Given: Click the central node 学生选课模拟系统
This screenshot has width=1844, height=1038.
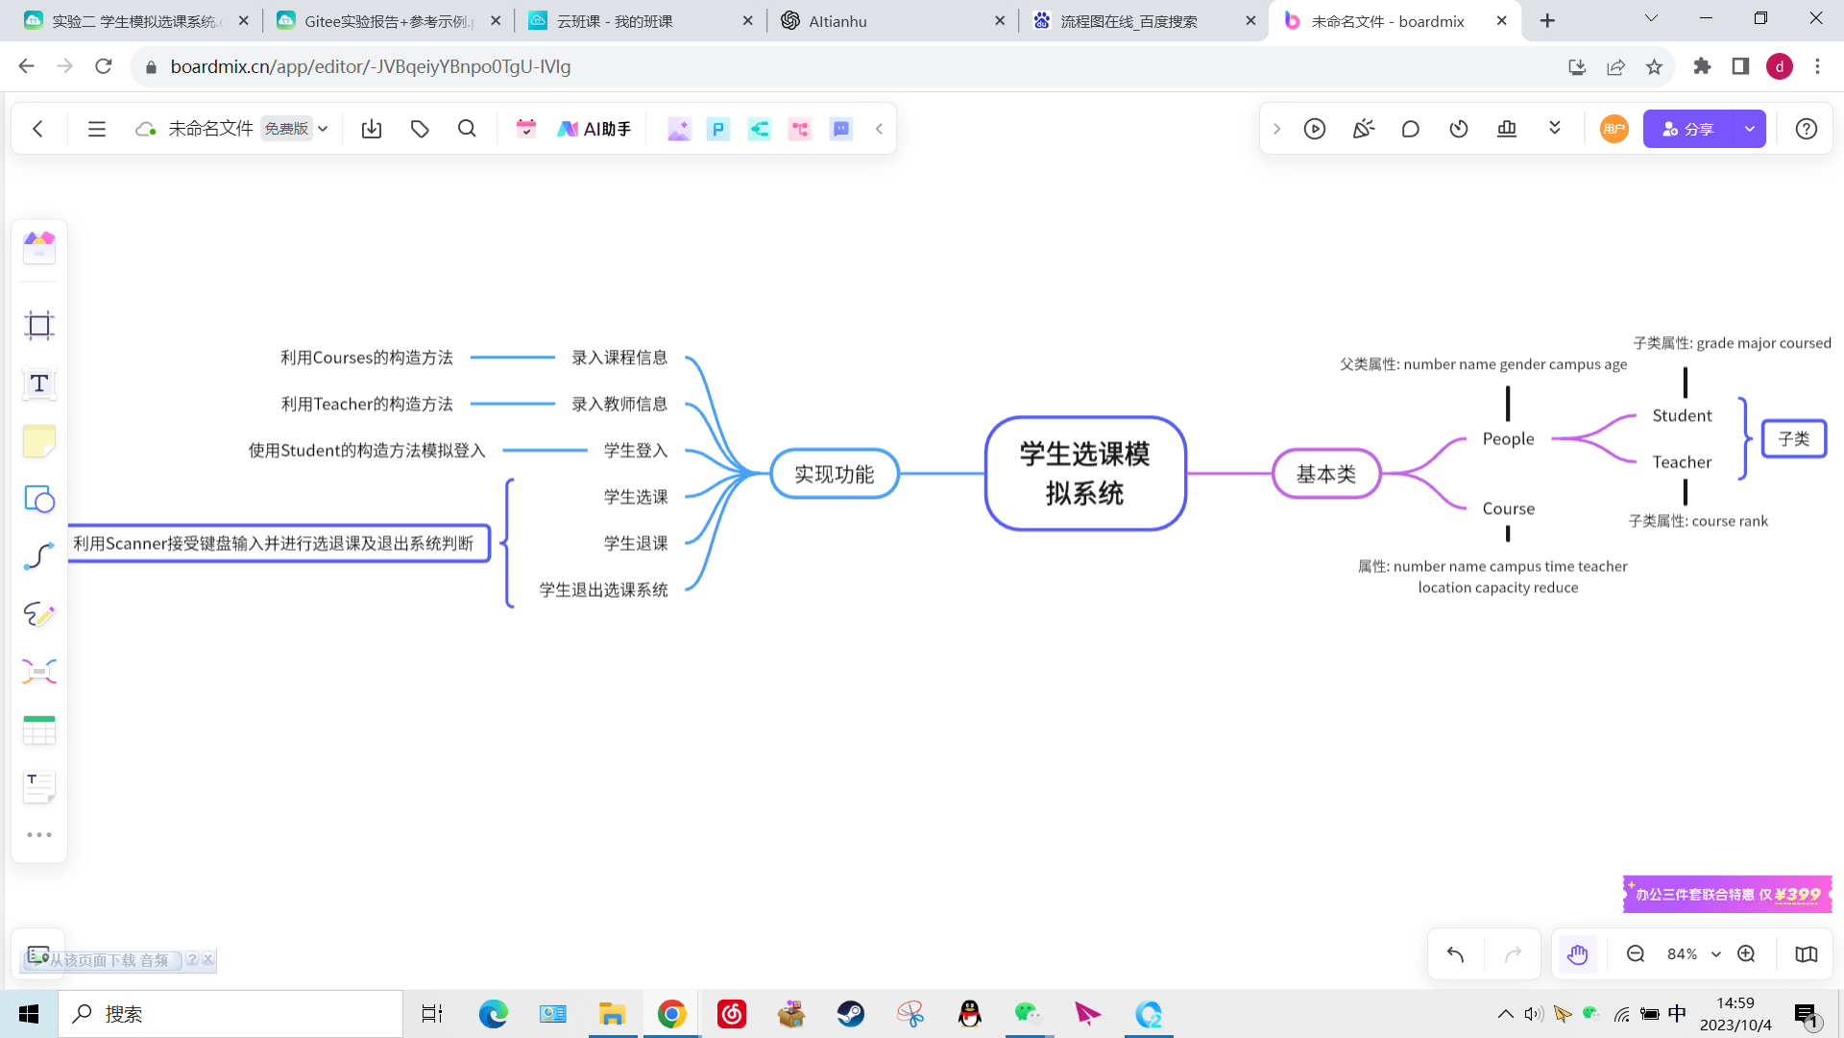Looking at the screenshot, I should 1085,473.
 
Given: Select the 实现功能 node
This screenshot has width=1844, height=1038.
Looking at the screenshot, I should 834,474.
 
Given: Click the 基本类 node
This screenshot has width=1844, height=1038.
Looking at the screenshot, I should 1326,474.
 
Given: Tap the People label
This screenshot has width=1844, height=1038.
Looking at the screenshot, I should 1508,438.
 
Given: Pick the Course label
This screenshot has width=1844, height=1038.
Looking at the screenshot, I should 1508,508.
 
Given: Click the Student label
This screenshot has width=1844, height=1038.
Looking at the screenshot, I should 1682,415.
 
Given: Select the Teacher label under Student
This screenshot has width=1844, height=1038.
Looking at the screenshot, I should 1682,462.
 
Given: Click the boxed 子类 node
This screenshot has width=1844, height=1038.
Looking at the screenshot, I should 1793,439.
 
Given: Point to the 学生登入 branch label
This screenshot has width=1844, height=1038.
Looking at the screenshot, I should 635,450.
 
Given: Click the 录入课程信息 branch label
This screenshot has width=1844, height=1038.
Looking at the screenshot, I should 619,358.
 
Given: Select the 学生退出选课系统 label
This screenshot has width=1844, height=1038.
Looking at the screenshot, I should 603,589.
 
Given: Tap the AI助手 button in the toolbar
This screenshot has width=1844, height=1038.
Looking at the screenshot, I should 594,129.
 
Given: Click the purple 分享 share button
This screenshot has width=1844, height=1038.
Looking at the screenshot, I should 1688,129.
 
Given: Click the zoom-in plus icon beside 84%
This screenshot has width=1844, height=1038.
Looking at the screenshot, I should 1746,953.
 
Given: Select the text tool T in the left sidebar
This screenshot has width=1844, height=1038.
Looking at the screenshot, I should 39,383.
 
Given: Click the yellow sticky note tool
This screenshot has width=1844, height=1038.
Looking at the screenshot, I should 39,441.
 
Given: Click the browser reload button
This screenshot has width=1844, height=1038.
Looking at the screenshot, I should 104,66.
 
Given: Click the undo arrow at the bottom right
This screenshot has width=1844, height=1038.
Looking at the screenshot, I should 1455,953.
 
